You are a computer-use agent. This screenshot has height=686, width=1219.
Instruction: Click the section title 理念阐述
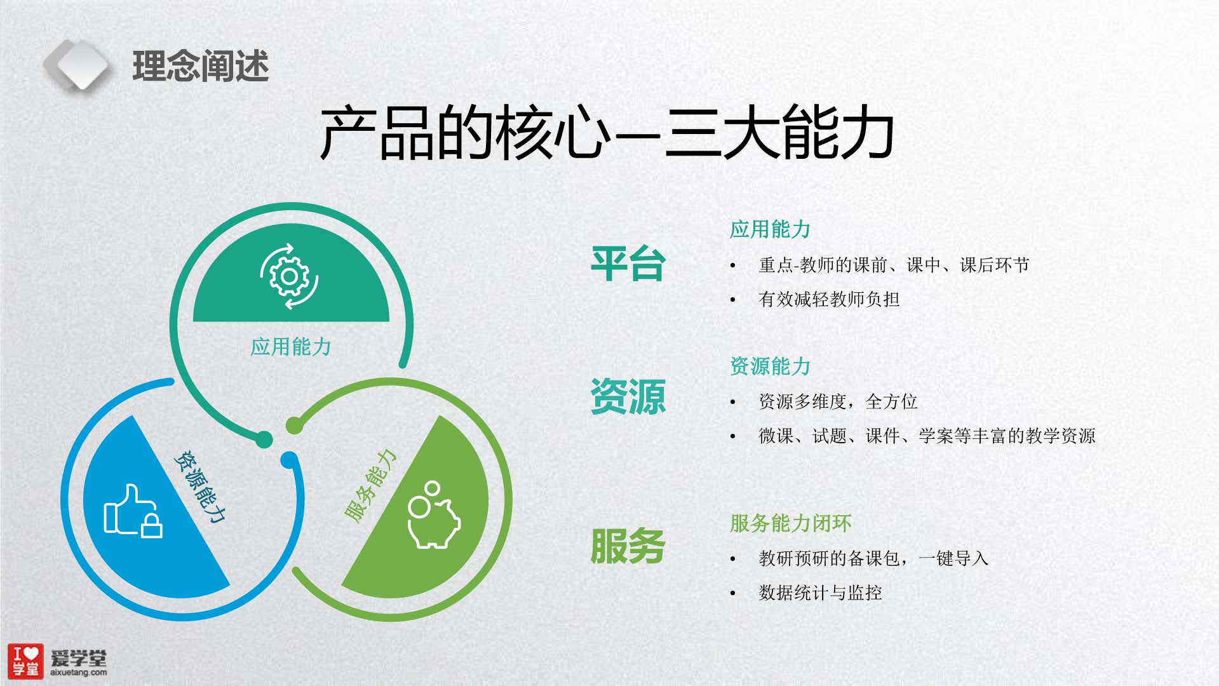coord(201,66)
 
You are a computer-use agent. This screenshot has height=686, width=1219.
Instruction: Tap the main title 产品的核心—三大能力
coord(607,133)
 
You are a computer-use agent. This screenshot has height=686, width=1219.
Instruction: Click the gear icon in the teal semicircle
coord(289,276)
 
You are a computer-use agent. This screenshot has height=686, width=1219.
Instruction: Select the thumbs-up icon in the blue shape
coord(133,511)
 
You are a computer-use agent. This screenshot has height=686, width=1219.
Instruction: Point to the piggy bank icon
coord(433,514)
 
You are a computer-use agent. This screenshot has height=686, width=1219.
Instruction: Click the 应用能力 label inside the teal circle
coord(291,347)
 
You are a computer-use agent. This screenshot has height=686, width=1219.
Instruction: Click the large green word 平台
coord(628,264)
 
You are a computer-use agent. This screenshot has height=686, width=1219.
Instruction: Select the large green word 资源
coord(628,397)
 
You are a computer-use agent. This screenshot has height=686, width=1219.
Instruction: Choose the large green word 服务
coord(628,546)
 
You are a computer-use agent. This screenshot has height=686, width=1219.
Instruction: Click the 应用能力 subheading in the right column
coord(770,229)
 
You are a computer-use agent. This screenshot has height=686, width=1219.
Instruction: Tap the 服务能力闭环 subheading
coord(790,523)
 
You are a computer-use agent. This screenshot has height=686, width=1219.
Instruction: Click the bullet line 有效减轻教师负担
coord(829,299)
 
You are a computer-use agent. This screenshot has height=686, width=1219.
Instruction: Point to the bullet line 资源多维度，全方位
coord(838,401)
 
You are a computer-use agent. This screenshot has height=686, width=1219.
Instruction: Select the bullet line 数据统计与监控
coord(820,593)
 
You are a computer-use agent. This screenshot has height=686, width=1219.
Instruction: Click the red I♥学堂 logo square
coord(25,661)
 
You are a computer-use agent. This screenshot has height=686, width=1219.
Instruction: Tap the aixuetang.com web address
coord(78,672)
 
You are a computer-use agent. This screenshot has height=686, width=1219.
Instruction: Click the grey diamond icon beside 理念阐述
coord(77,64)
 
